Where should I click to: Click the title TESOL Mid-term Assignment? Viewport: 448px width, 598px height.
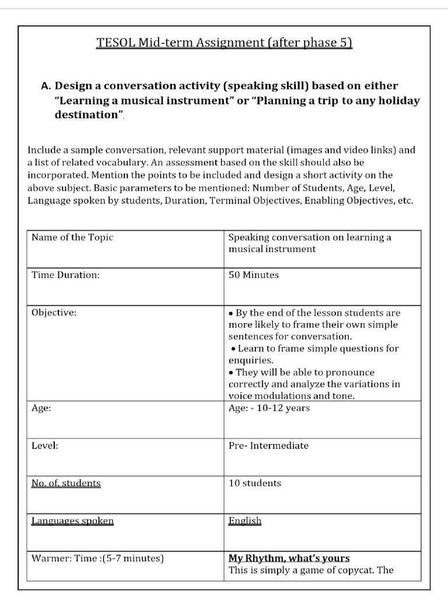(x=224, y=43)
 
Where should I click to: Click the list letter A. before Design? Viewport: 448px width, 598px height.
(x=47, y=86)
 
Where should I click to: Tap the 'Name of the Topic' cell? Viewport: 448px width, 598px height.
(x=72, y=237)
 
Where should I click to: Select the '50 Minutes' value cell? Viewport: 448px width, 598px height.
(x=254, y=275)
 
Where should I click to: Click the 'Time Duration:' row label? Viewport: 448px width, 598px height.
(x=65, y=275)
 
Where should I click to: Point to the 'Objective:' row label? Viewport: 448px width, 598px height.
(x=54, y=312)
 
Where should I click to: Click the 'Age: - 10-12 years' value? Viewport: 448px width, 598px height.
(x=269, y=408)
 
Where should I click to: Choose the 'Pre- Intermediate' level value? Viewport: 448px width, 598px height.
(x=268, y=446)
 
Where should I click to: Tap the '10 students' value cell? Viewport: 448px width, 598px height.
(x=255, y=483)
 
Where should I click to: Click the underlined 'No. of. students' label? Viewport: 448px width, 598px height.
(x=66, y=483)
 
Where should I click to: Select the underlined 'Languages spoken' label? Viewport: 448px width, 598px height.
(x=72, y=520)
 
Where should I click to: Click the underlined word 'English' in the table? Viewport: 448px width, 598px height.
(x=245, y=520)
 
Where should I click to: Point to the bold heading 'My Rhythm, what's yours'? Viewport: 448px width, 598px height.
(x=289, y=558)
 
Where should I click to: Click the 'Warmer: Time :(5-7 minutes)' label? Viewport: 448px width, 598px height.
(x=97, y=558)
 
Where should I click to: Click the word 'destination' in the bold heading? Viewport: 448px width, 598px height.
(x=86, y=114)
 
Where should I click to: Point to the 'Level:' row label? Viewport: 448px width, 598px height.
(x=45, y=446)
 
